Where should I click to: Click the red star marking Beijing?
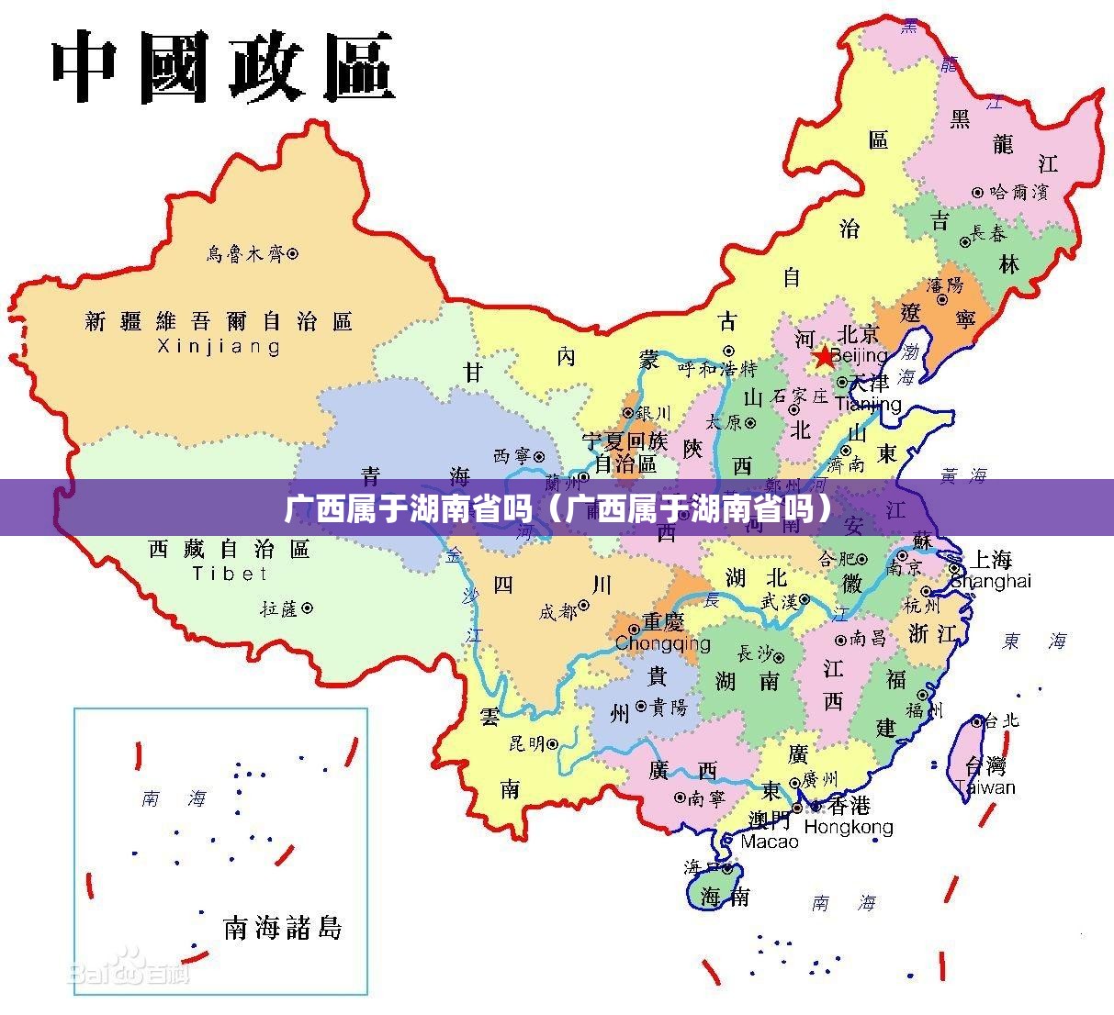click(x=824, y=355)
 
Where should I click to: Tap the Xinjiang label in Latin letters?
click(x=219, y=347)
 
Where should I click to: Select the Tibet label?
click(x=230, y=574)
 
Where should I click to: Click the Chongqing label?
click(x=662, y=643)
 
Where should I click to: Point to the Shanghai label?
click(x=991, y=581)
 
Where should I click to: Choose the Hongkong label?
click(x=848, y=827)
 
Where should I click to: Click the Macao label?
click(x=770, y=841)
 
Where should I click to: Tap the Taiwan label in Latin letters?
click(x=985, y=787)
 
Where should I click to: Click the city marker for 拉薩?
click(x=308, y=608)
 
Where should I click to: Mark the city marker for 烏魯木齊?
click(x=293, y=252)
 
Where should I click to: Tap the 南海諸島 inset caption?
click(x=283, y=928)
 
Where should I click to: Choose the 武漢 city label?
click(x=778, y=600)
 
